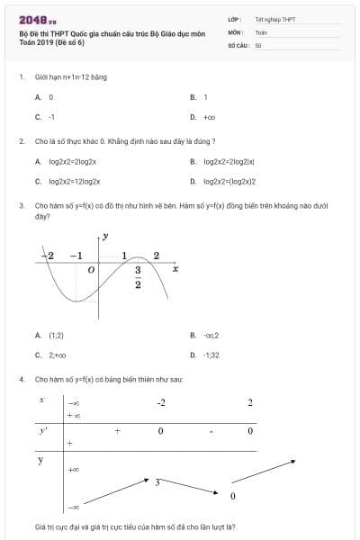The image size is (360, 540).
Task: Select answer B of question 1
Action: (x=205, y=96)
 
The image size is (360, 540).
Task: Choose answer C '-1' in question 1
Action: (x=51, y=117)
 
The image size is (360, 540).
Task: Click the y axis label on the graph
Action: (x=105, y=237)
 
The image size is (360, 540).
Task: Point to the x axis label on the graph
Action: (x=175, y=268)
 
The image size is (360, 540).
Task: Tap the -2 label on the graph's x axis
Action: (x=49, y=256)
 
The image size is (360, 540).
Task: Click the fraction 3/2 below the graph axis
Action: (x=138, y=278)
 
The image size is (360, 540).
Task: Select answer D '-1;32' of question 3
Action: (x=211, y=355)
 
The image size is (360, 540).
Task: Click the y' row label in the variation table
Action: (x=42, y=432)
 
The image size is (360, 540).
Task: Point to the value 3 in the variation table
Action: (x=157, y=482)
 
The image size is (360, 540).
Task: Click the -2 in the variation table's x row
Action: (x=160, y=401)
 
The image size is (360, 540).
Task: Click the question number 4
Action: (x=21, y=380)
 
